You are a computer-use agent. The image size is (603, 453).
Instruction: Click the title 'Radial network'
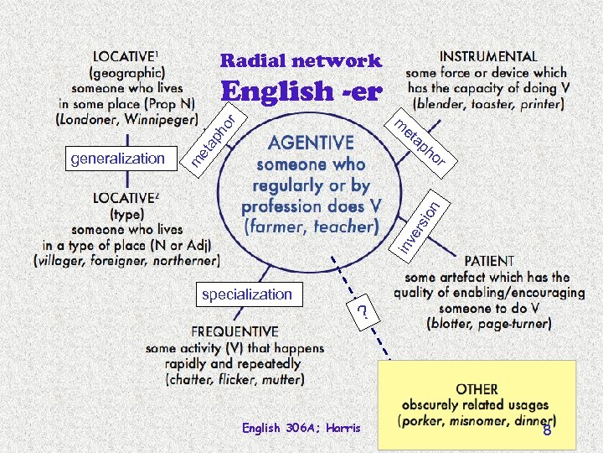tap(301, 61)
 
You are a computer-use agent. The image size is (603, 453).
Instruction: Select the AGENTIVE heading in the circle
tap(309, 143)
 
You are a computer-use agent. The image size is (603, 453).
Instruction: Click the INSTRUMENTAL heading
tap(489, 57)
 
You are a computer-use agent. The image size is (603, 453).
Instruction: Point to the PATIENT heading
tap(489, 261)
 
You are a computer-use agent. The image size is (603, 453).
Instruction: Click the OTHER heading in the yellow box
tap(477, 389)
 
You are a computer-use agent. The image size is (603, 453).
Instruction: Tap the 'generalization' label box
tap(118, 158)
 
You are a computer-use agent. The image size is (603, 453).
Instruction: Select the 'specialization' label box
tap(247, 294)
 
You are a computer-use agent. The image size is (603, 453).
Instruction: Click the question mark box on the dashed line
tap(363, 312)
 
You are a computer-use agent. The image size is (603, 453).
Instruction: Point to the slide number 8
tap(547, 430)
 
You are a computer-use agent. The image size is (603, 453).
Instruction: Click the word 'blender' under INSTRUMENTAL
tap(445, 104)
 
